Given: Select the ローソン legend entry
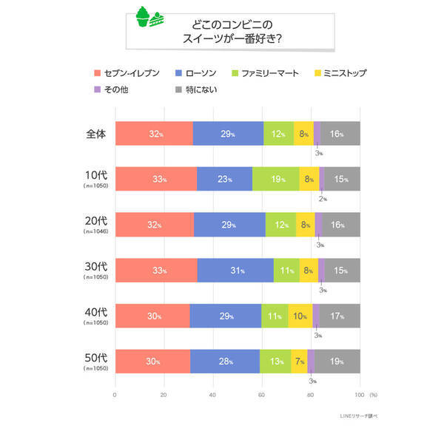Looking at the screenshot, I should (x=195, y=72).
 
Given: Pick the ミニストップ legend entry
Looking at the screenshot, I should (x=334, y=72).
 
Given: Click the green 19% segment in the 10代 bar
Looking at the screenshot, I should (x=275, y=179).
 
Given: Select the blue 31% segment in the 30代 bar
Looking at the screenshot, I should (x=235, y=271).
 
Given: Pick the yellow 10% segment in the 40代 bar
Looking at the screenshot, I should (x=300, y=316).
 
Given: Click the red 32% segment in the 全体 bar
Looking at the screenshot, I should (x=154, y=134).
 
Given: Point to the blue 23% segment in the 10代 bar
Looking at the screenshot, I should (x=224, y=179).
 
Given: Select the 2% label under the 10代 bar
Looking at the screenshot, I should (x=323, y=199).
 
